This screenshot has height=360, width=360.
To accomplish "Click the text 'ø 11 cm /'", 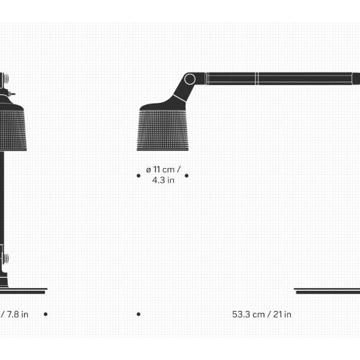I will [x=163, y=170].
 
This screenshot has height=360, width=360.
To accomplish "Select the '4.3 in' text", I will [x=163, y=181].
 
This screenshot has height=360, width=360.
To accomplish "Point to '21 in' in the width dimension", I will [x=282, y=314].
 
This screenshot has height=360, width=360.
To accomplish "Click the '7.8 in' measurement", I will [x=17, y=314].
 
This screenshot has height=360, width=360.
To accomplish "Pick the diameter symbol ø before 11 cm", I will [x=149, y=170].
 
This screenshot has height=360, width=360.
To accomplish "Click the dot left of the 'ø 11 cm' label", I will [x=138, y=176].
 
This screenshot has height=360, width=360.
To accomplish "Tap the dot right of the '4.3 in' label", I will [x=186, y=176].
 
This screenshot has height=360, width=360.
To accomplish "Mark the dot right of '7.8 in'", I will [x=46, y=314].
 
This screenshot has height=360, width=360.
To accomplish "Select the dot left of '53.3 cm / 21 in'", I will [x=138, y=314].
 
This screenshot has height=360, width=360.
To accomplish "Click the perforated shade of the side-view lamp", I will [x=163, y=130].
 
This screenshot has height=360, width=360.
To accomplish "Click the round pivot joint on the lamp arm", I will [x=190, y=79].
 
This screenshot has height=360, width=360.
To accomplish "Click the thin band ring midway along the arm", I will [x=257, y=78].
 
